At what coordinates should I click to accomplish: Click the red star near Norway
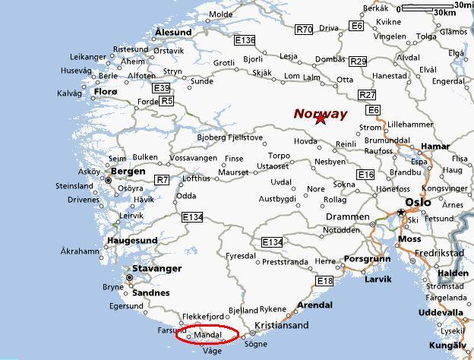click(320, 118)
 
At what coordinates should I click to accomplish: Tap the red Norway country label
click(321, 114)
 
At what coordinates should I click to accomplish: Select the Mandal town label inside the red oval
click(207, 334)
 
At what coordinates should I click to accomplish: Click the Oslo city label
click(418, 203)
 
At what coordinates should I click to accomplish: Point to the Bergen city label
click(128, 172)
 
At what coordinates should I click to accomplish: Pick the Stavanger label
click(157, 269)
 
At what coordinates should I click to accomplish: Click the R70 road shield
click(304, 30)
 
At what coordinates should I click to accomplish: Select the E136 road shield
click(245, 40)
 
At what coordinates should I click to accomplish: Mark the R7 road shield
click(162, 180)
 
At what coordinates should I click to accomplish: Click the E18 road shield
click(325, 281)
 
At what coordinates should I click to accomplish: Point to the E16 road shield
click(366, 175)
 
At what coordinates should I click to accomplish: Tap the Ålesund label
click(173, 32)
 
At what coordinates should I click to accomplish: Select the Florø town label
click(105, 93)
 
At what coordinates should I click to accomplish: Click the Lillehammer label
click(410, 125)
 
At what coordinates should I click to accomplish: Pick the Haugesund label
click(131, 241)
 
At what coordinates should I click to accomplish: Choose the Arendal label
click(314, 305)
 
